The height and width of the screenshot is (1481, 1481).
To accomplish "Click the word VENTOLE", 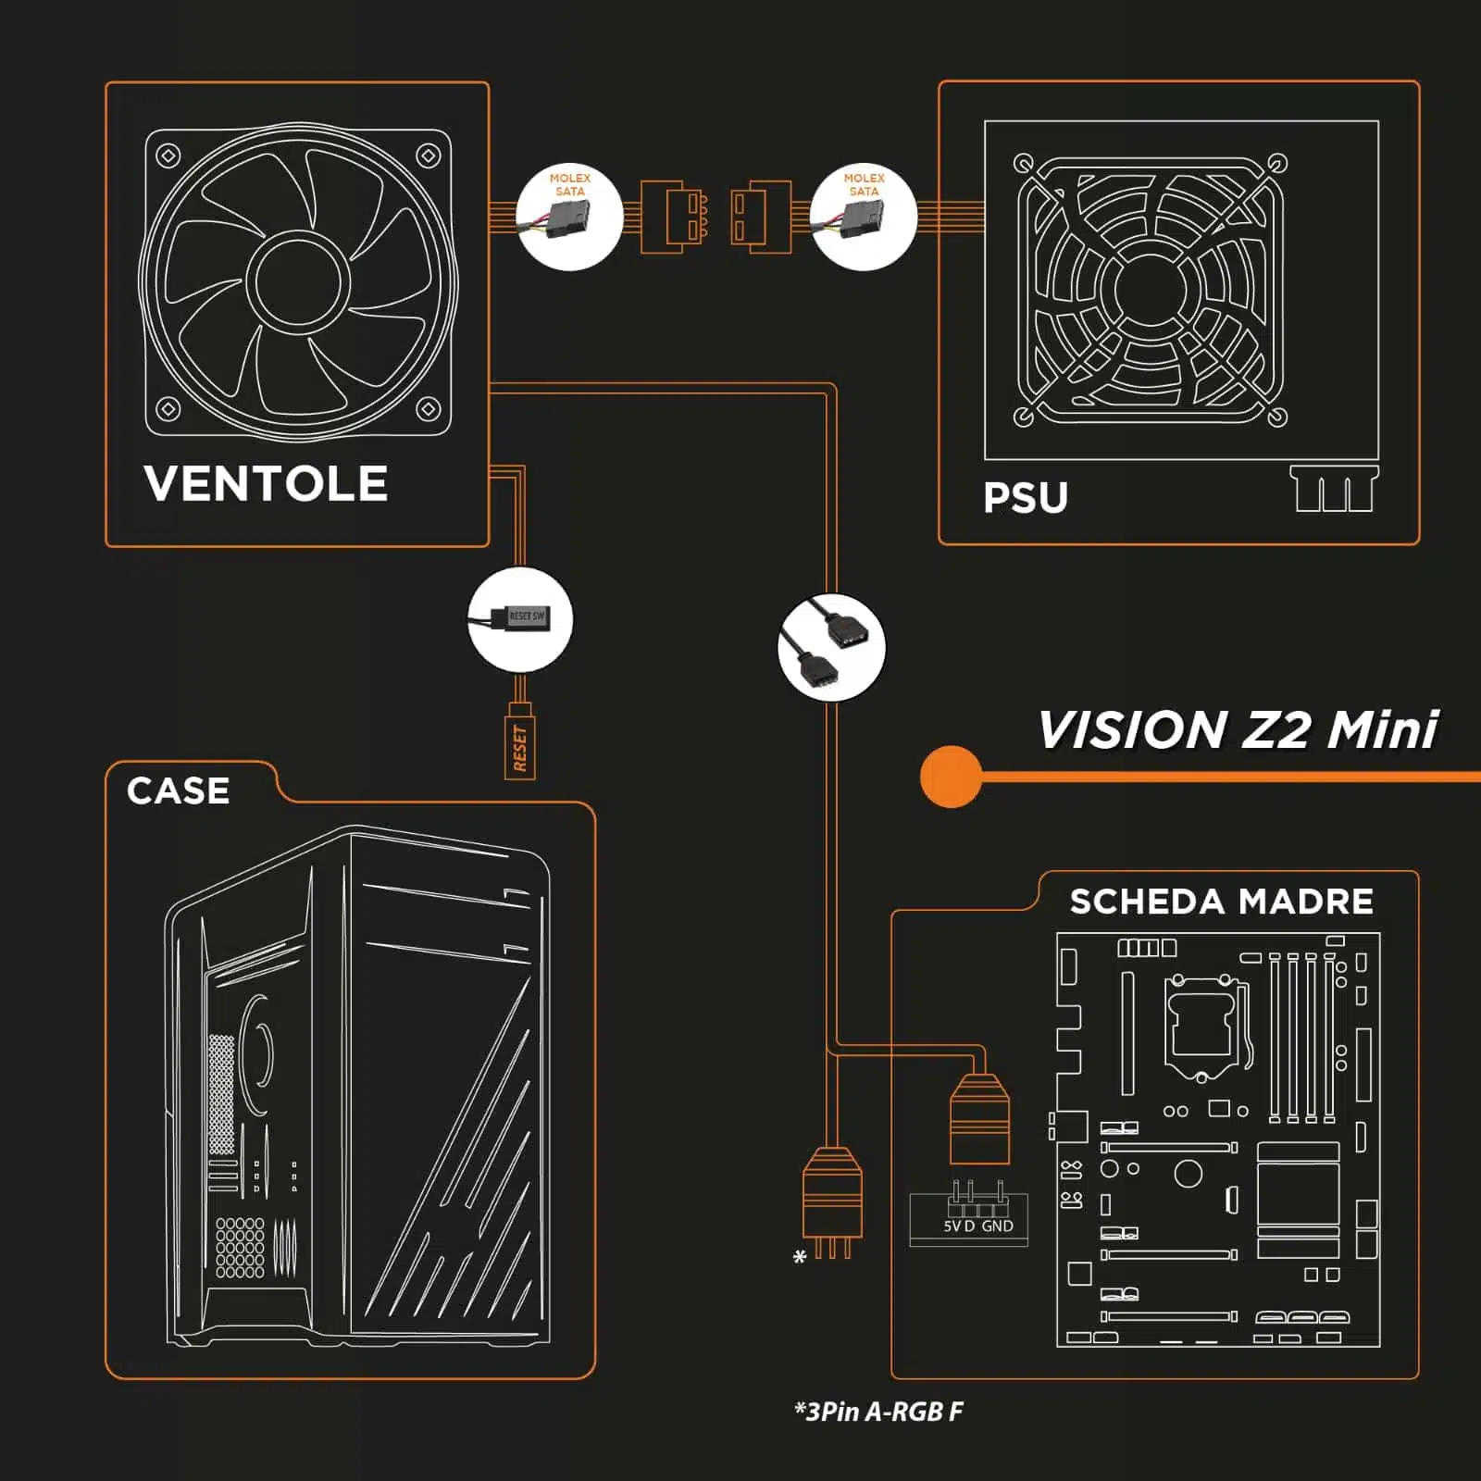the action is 266,483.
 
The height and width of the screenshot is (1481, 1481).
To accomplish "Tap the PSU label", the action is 1026,498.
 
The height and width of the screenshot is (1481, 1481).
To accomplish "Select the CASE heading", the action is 178,790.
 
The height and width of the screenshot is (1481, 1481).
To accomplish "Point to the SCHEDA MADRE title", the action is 1221,902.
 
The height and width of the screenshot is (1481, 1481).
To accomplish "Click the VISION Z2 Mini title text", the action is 1238,729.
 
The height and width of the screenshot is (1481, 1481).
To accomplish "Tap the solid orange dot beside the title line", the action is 952,776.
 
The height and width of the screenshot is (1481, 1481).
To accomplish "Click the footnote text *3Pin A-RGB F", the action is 878,1412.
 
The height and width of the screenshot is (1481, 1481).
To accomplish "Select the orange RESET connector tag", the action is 520,741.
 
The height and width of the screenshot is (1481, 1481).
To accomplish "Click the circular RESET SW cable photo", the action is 520,619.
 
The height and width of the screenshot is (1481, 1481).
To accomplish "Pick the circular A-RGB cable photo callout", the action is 831,647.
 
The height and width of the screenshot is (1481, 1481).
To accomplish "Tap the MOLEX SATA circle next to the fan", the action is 569,217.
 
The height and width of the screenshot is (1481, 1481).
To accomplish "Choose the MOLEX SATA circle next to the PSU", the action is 864,217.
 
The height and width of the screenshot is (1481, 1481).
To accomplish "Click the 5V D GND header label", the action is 978,1226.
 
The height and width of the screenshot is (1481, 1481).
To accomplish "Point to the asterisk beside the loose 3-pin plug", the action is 800,1257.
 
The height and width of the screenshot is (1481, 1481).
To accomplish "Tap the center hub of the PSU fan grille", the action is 1151,290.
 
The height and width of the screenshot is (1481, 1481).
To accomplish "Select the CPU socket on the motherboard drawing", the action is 1202,1026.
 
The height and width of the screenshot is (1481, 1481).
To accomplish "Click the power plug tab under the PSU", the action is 1334,489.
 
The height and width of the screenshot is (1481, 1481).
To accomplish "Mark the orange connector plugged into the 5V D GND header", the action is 979,1118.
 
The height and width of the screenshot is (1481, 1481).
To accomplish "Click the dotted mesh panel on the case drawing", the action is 221,1093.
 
